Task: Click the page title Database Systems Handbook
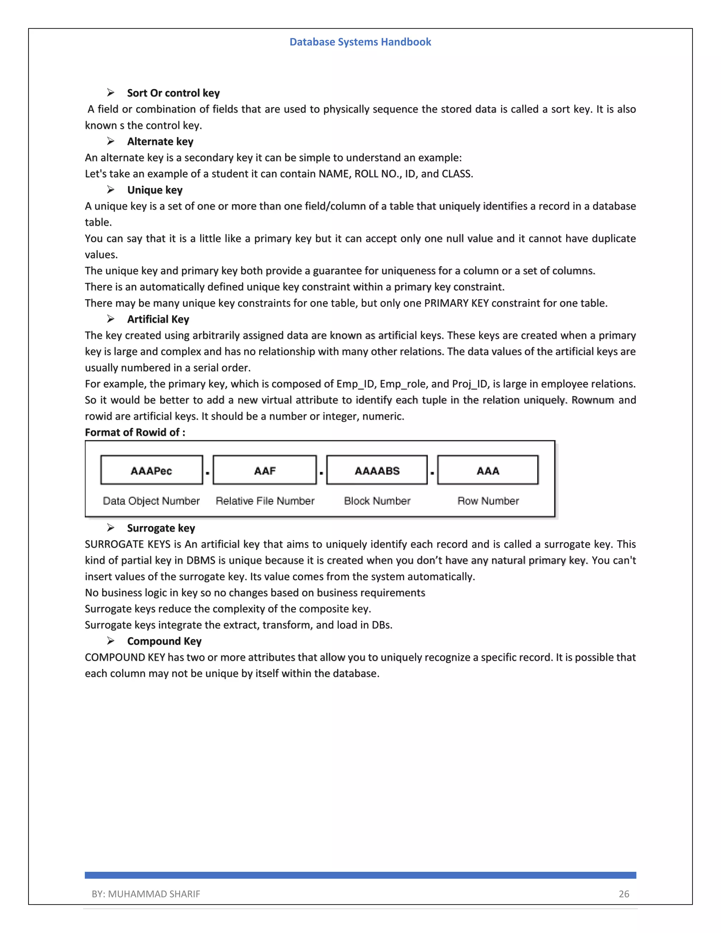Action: (x=360, y=42)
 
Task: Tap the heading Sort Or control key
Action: (x=173, y=93)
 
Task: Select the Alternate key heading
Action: (x=160, y=142)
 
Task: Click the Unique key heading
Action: (x=155, y=190)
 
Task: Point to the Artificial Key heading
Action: (x=158, y=319)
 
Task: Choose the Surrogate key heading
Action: (x=161, y=528)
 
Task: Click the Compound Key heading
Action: (x=164, y=641)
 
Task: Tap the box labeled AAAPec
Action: (x=152, y=470)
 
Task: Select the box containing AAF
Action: (x=265, y=470)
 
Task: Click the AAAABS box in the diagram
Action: (x=377, y=470)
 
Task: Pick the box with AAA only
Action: (x=488, y=470)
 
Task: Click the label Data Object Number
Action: (x=151, y=501)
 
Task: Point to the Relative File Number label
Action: (x=265, y=501)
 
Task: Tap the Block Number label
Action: (x=377, y=501)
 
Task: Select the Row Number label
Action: (x=488, y=501)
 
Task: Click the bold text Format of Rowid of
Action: (x=135, y=432)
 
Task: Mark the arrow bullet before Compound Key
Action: (x=111, y=641)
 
